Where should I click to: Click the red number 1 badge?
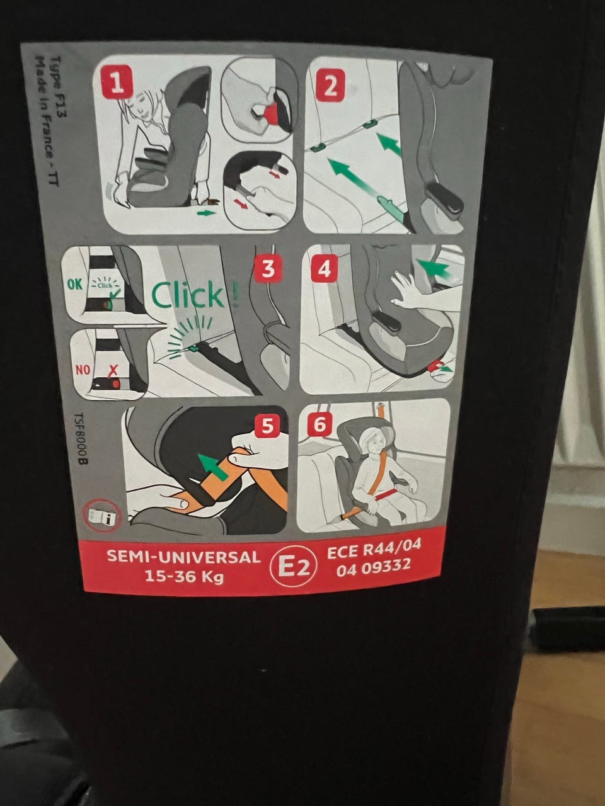click(x=117, y=84)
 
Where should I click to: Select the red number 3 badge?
click(x=268, y=268)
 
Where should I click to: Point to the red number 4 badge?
click(x=324, y=268)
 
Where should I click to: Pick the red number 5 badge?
click(x=267, y=426)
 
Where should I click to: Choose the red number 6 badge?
click(x=320, y=424)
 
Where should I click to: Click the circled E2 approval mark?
click(x=293, y=567)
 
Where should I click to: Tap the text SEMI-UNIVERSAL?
click(x=183, y=556)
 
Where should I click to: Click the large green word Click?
click(x=187, y=295)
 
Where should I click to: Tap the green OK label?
click(x=75, y=284)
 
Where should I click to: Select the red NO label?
click(x=83, y=369)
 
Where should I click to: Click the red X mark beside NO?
click(x=113, y=370)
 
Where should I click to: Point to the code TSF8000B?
click(x=81, y=438)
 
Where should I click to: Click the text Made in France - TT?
click(x=47, y=121)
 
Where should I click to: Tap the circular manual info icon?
click(x=101, y=516)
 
